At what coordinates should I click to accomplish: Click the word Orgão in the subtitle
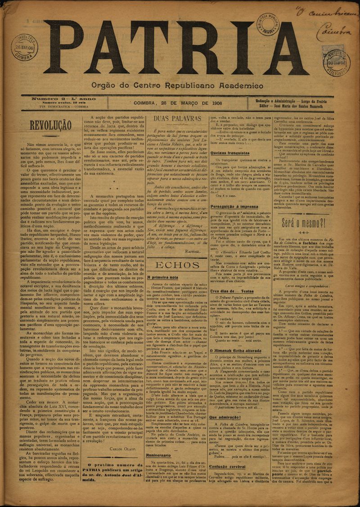pos(104,85)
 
